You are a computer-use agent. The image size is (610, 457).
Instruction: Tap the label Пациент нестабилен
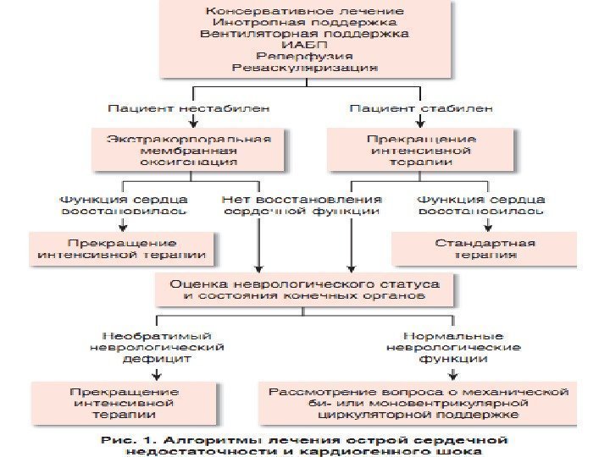pyautogui.click(x=189, y=108)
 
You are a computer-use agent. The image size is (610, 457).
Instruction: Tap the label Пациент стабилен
pyautogui.click(x=421, y=108)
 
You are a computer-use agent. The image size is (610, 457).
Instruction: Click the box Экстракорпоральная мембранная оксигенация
pyautogui.click(x=189, y=149)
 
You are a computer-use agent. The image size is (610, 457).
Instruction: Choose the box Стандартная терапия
pyautogui.click(x=485, y=249)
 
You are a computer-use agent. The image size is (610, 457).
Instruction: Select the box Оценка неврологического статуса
pyautogui.click(x=305, y=290)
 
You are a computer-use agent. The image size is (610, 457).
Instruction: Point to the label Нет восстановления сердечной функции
pyautogui.click(x=303, y=206)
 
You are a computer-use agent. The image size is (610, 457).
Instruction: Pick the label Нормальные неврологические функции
pyautogui.click(x=454, y=347)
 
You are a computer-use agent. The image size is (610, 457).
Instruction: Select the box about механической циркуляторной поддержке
pyautogui.click(x=418, y=404)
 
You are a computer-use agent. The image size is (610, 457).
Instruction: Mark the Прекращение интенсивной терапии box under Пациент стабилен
pyautogui.click(x=421, y=149)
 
